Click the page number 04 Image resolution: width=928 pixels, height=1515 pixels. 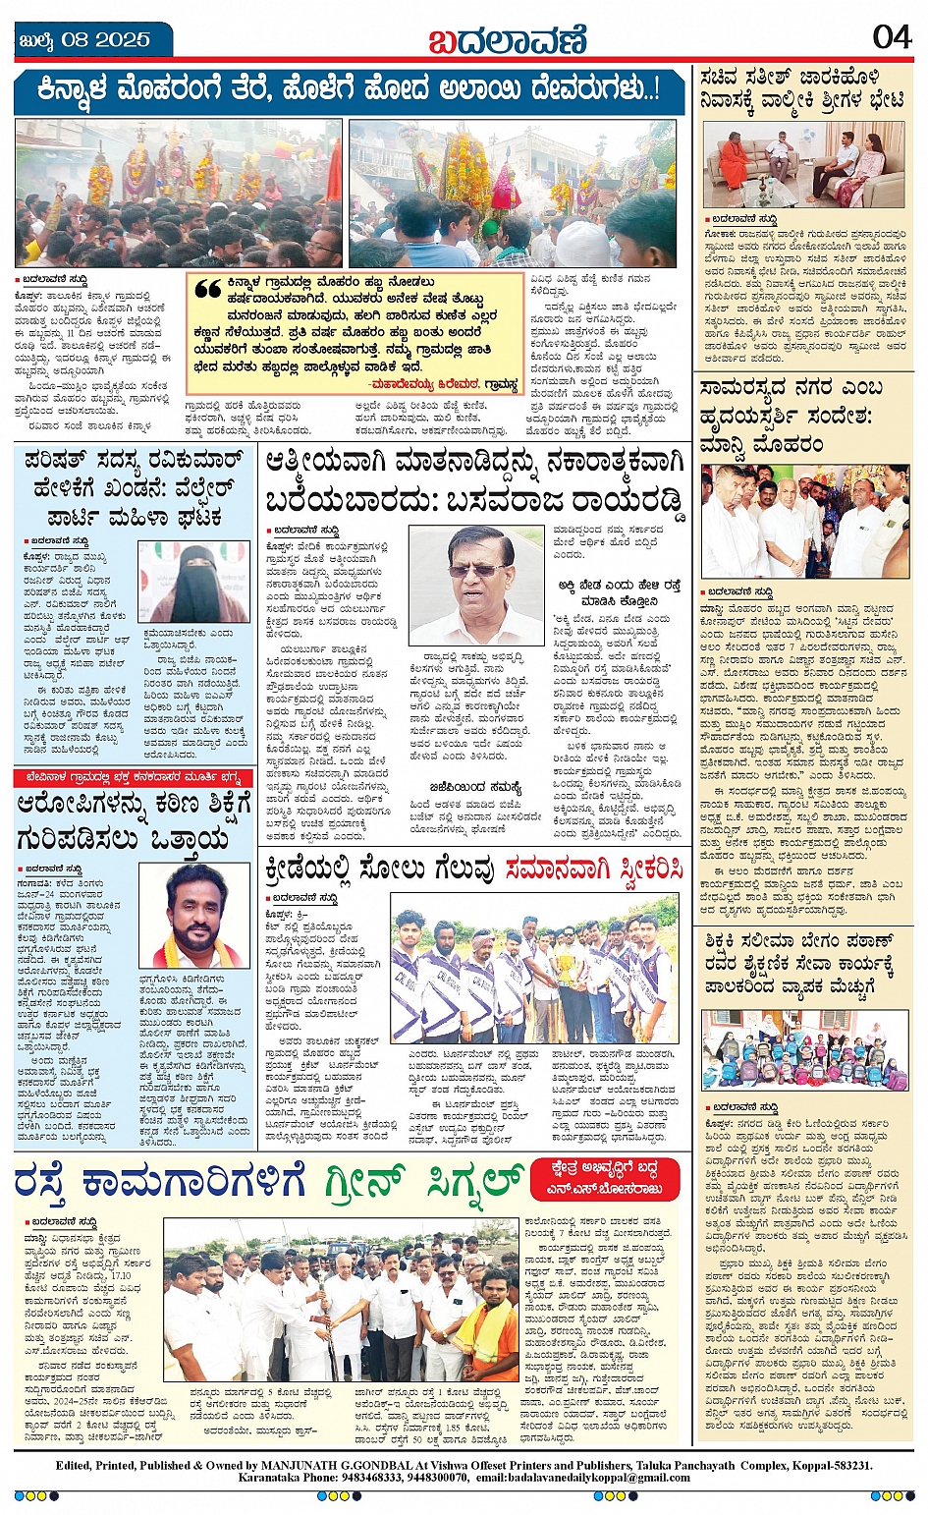pyautogui.click(x=891, y=37)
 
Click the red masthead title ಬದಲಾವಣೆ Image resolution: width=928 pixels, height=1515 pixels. pyautogui.click(x=507, y=40)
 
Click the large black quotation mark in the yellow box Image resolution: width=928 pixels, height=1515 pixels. pyautogui.click(x=207, y=290)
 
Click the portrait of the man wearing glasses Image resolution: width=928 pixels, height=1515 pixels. pyautogui.click(x=476, y=584)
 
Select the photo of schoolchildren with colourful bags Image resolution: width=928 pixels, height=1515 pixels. pyautogui.click(x=804, y=1049)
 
